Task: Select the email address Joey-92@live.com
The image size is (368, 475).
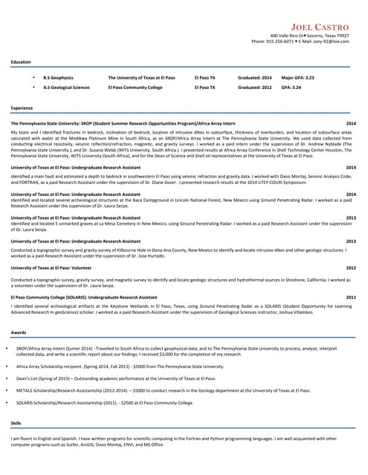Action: coord(330,42)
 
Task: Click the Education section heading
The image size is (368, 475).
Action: coord(21,62)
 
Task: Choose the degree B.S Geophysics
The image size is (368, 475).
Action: coord(58,77)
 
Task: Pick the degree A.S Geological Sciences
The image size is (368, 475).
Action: coord(66,87)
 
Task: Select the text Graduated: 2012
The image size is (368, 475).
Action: coord(254,87)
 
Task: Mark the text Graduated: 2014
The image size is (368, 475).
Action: coord(254,77)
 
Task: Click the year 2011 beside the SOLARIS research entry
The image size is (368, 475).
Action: coord(351,297)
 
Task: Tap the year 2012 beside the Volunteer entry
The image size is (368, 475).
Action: coord(351,267)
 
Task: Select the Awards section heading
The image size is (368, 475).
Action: coord(19,332)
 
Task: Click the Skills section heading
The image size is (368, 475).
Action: coord(16,422)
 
